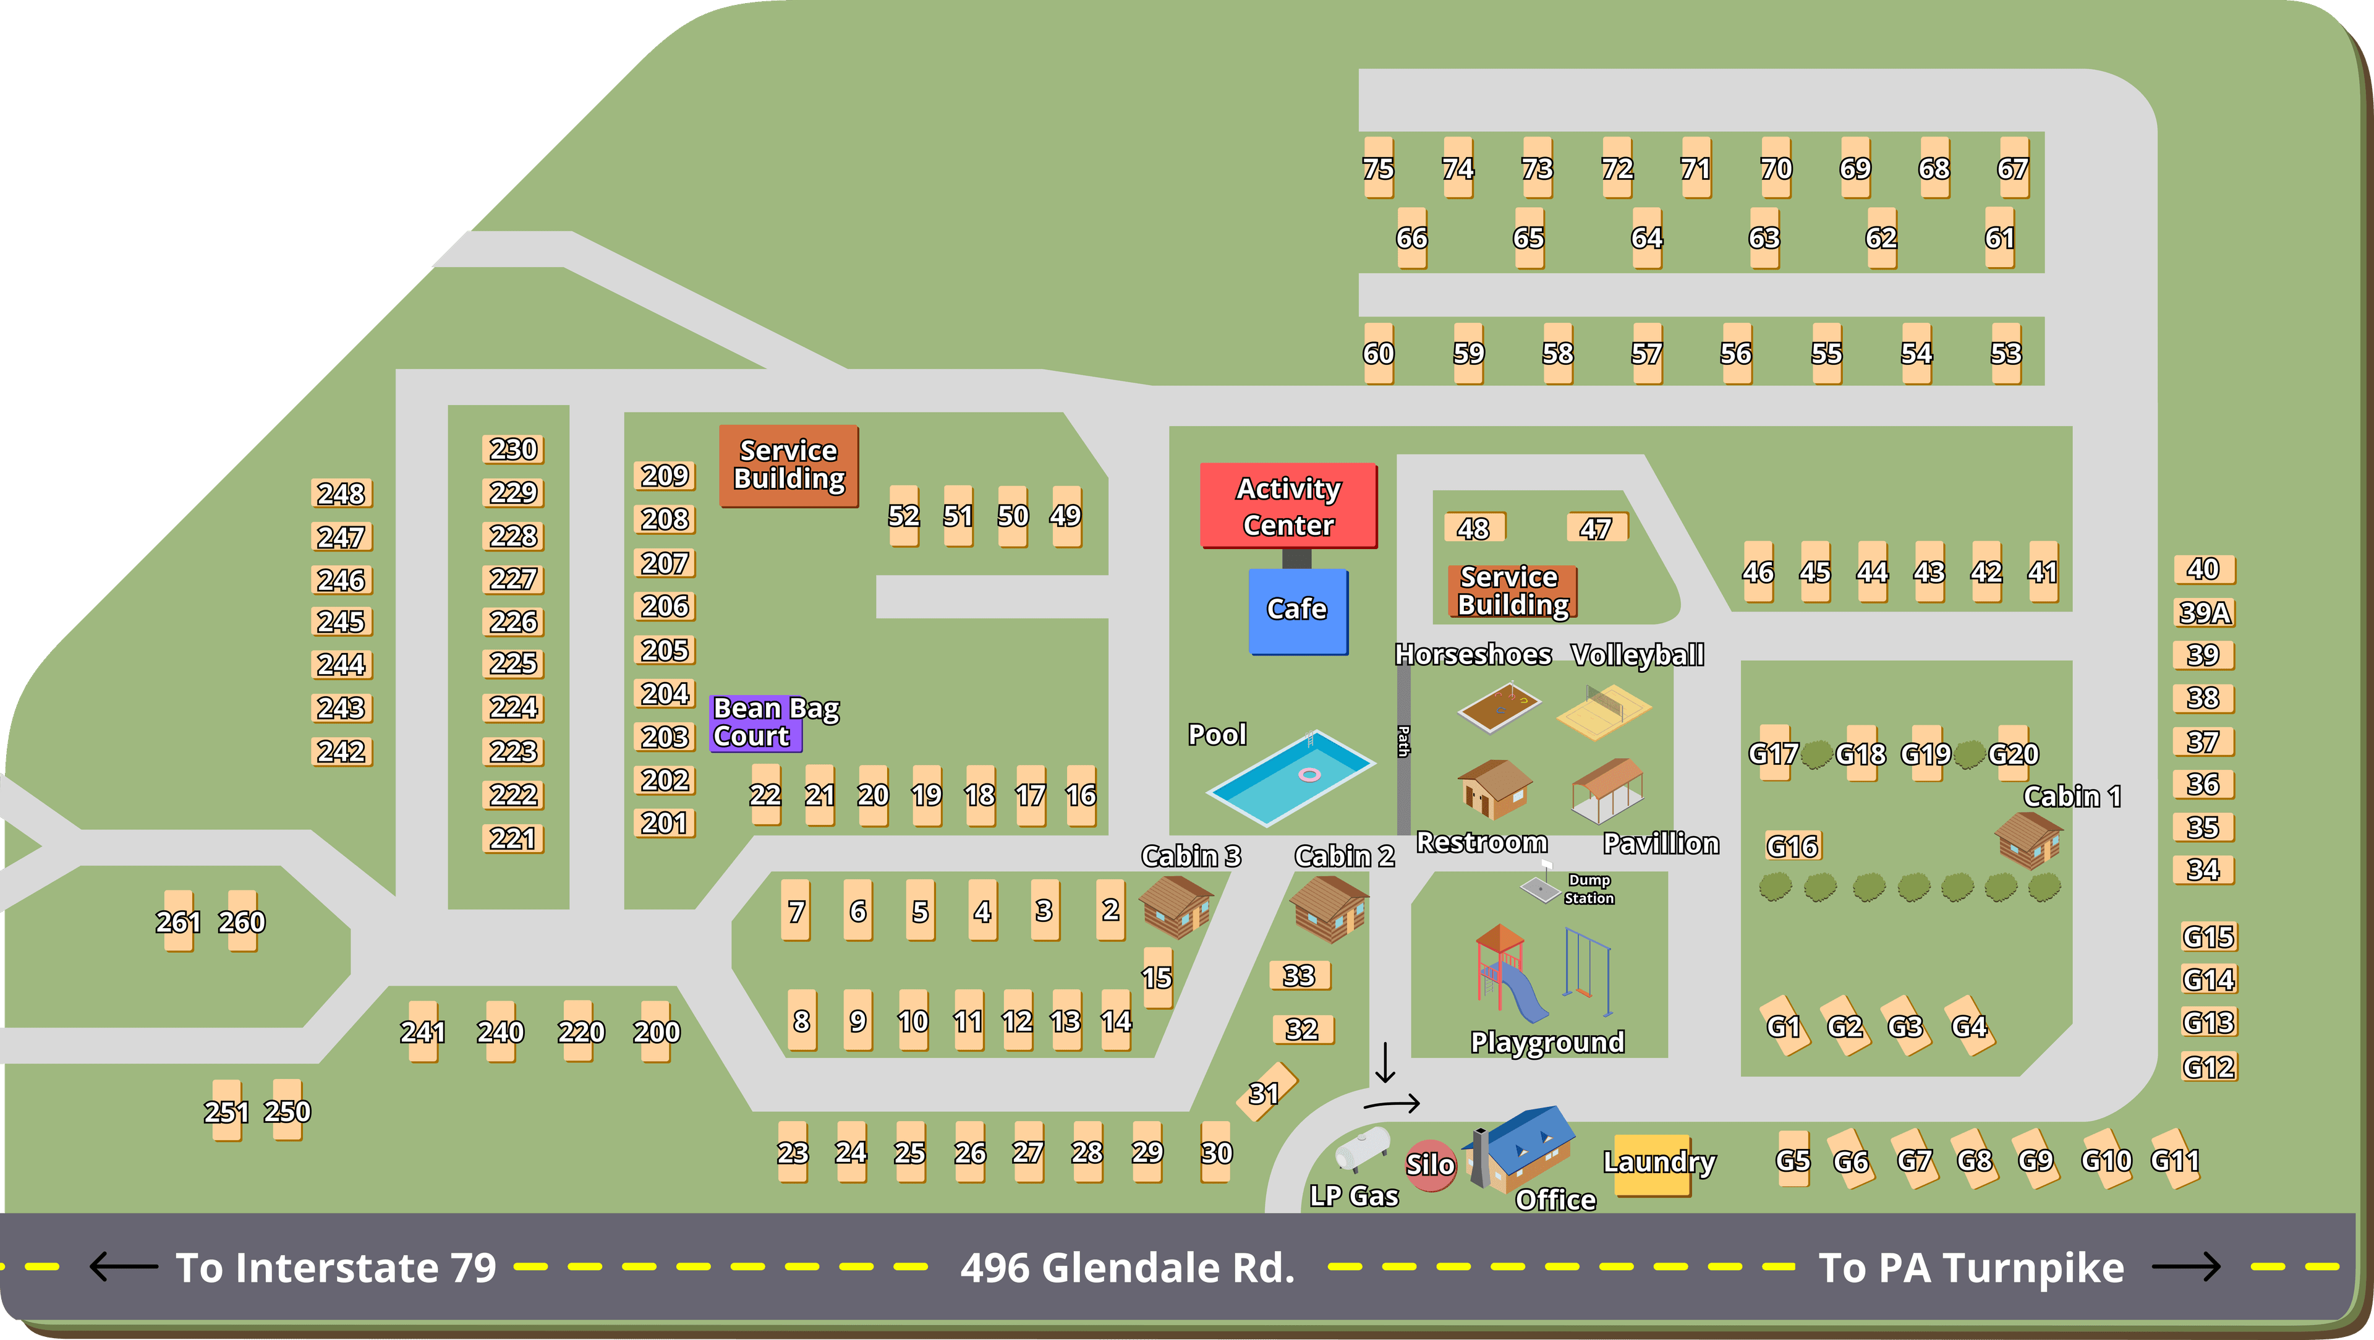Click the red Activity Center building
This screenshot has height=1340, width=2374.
click(x=1288, y=506)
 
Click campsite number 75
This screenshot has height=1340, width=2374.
click(x=1378, y=169)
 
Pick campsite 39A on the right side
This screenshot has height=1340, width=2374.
click(x=2205, y=613)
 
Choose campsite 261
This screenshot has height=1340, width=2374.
click(x=178, y=921)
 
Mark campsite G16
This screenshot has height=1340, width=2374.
click(x=1792, y=846)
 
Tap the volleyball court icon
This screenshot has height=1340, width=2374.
click(x=1604, y=711)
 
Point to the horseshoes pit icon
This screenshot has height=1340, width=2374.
click(x=1499, y=707)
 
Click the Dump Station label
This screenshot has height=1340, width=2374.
click(x=1589, y=889)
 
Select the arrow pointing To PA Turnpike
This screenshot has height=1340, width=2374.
click(x=2186, y=1267)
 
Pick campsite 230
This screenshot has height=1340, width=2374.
click(x=513, y=450)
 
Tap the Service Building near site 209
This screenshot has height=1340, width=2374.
click(x=788, y=466)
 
